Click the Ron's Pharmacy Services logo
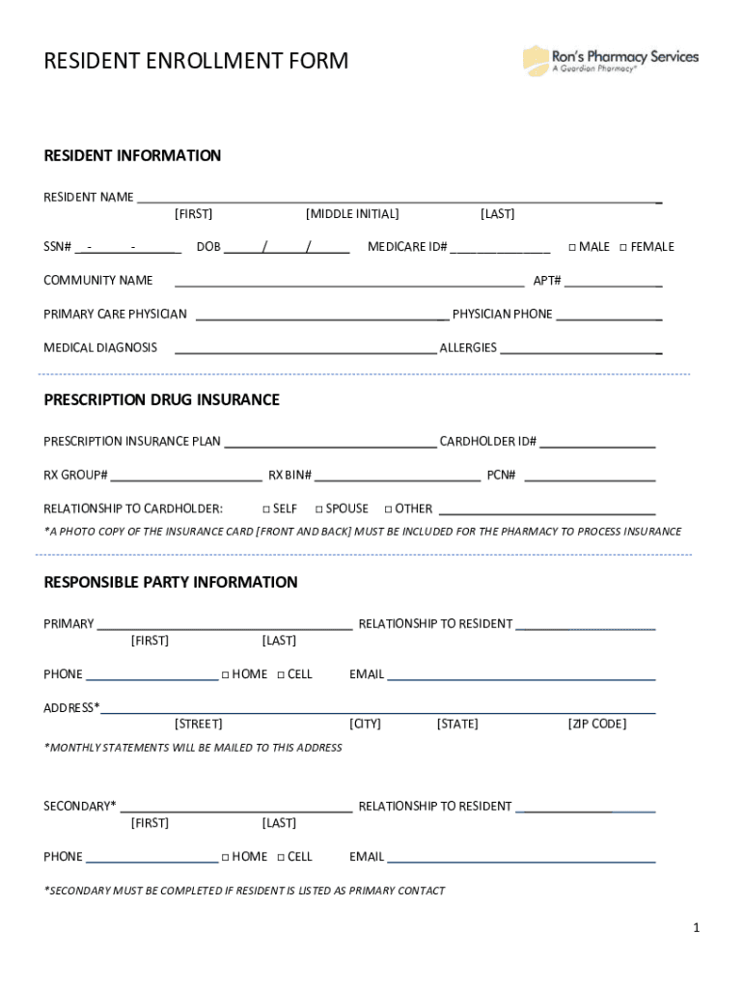pyautogui.click(x=610, y=61)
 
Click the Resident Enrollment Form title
pyautogui.click(x=196, y=62)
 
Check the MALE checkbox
pyautogui.click(x=572, y=247)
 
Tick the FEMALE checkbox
pyautogui.click(x=623, y=247)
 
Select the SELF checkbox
pyautogui.click(x=266, y=508)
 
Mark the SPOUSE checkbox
pyautogui.click(x=319, y=508)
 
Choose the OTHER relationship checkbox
pyautogui.click(x=388, y=508)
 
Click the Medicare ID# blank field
pyautogui.click(x=500, y=247)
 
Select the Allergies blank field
pyautogui.click(x=580, y=348)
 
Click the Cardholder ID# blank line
pyautogui.click(x=597, y=442)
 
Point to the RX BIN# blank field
pyautogui.click(x=398, y=475)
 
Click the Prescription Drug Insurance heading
pyautogui.click(x=161, y=399)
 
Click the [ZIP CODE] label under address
pyautogui.click(x=596, y=724)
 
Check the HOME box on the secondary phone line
pyautogui.click(x=225, y=857)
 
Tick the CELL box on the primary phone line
pyautogui.click(x=281, y=674)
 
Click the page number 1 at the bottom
pyautogui.click(x=695, y=928)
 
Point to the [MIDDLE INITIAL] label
pyautogui.click(x=351, y=214)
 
